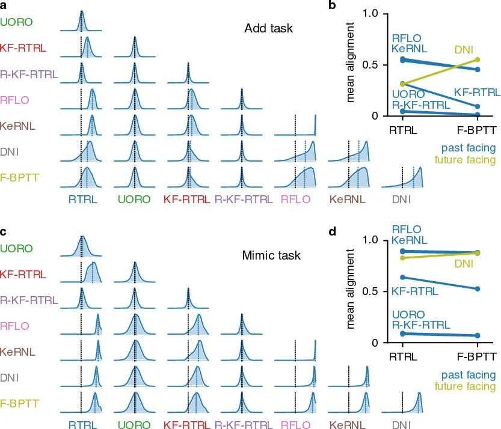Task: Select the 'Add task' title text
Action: (x=268, y=28)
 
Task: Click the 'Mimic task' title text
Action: (x=268, y=255)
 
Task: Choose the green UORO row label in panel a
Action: (x=17, y=22)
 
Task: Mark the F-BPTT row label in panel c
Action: (x=17, y=404)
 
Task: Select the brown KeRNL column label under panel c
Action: (x=348, y=425)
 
